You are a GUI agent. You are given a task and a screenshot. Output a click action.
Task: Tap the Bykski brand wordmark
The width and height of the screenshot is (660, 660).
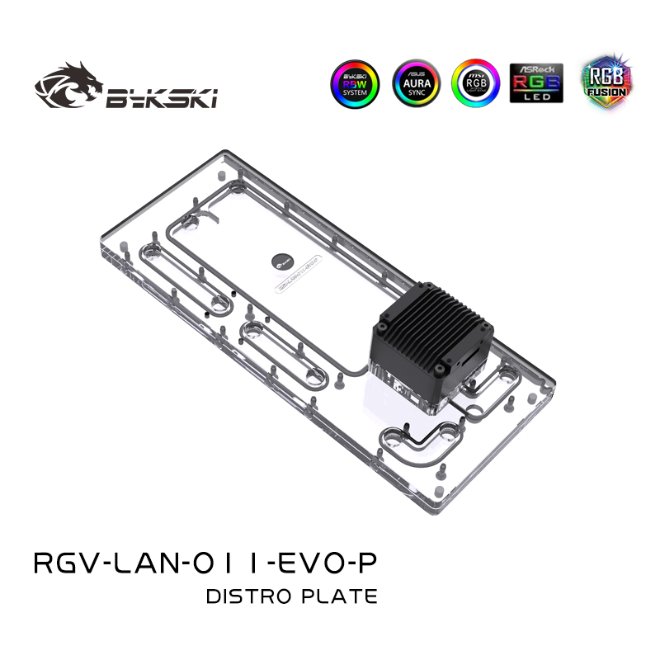coord(162,100)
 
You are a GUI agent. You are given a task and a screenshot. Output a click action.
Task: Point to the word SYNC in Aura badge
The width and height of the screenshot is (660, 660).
coord(416,93)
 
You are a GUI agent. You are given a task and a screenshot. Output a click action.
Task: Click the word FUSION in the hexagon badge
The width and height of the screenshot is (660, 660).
coord(606,92)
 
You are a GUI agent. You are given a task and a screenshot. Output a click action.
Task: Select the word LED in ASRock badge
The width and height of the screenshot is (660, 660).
coord(536,98)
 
